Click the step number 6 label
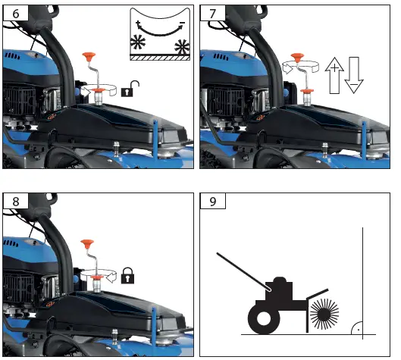click(x=13, y=14)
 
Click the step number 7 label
click(x=211, y=14)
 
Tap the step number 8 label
click(x=13, y=202)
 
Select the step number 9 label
click(x=211, y=202)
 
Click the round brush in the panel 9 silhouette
click(x=324, y=312)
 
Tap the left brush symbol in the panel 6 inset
click(x=139, y=42)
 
